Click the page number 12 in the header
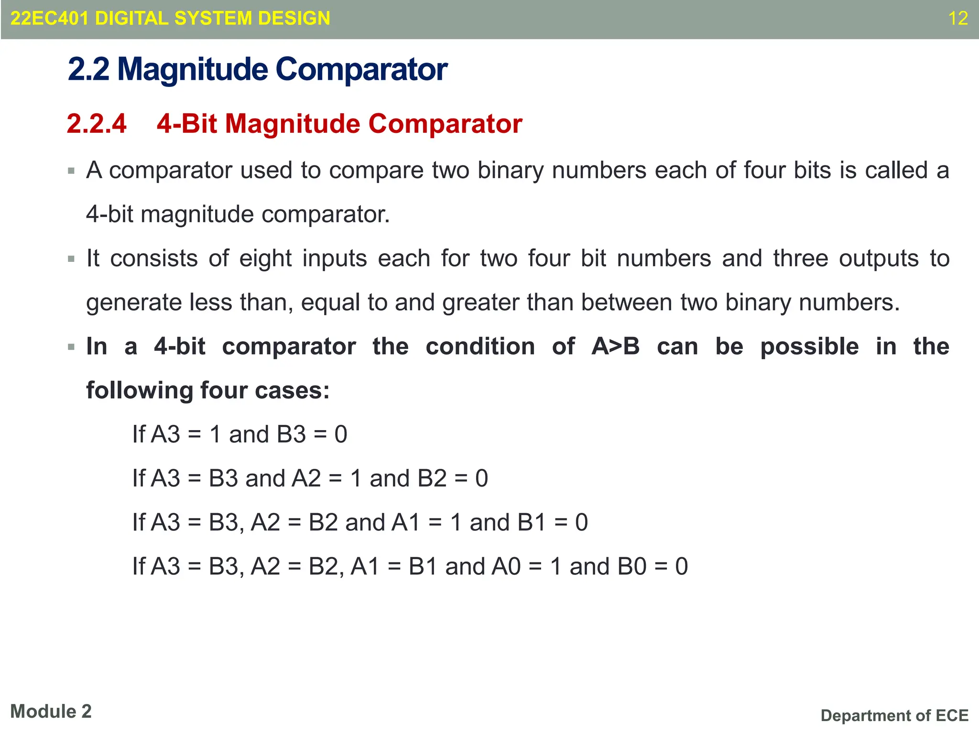coord(957,19)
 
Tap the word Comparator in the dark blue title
coord(361,70)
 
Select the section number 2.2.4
coord(97,124)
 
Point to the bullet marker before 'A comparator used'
coord(71,171)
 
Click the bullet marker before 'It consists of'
coord(71,259)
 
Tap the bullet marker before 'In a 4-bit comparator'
coord(71,347)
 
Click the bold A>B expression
coord(615,346)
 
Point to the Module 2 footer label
coord(51,712)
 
